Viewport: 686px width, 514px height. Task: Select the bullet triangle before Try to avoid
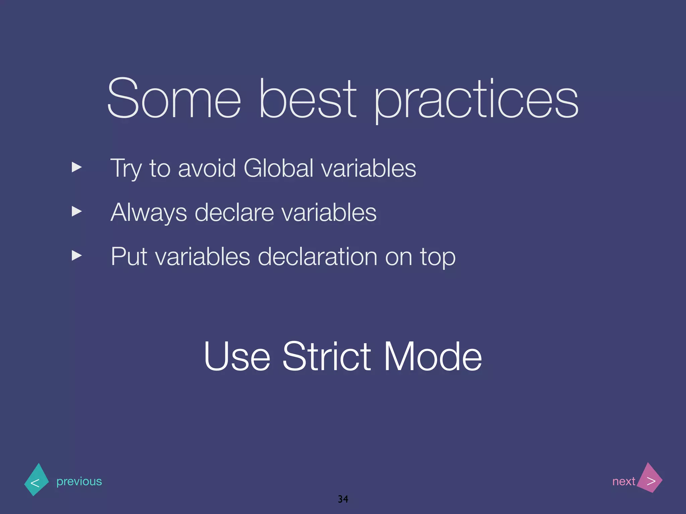pos(77,167)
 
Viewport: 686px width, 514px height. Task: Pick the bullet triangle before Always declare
pos(77,211)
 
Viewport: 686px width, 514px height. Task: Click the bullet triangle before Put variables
pos(77,256)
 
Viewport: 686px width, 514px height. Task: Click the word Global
pos(278,168)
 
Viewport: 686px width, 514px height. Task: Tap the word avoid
pos(207,168)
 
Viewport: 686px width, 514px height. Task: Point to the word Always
pos(148,213)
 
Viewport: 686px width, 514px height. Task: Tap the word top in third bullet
pos(438,258)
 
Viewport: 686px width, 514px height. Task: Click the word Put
pos(129,257)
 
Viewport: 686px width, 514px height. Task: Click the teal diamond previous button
pos(37,480)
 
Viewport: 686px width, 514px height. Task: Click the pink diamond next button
pos(649,479)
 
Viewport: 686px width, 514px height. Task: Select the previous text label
pos(79,482)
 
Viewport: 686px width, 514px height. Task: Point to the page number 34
pos(343,499)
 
